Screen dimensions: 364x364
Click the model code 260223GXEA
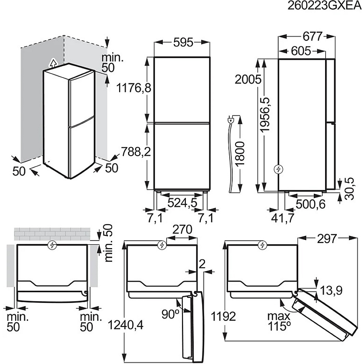[x=325, y=6]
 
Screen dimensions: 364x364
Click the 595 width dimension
[x=183, y=43]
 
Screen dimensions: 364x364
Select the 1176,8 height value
[x=134, y=88]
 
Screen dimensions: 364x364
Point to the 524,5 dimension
[x=182, y=203]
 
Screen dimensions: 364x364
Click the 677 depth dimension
[x=313, y=37]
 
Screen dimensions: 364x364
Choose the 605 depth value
[x=301, y=51]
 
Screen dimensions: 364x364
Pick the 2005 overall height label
[x=248, y=79]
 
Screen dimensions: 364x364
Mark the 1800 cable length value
[x=240, y=154]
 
